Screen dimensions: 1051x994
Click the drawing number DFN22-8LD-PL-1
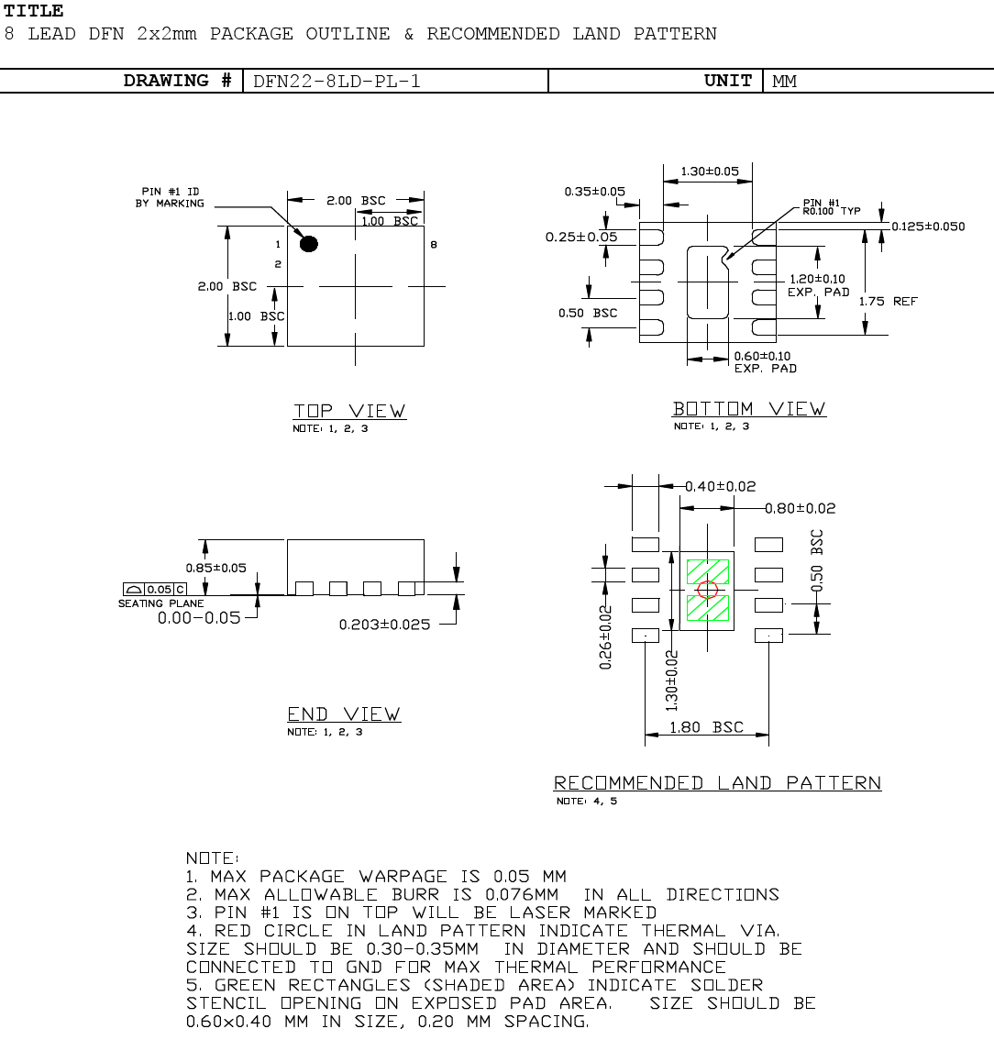pyautogui.click(x=337, y=81)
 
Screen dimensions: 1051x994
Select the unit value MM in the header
pyautogui.click(x=784, y=81)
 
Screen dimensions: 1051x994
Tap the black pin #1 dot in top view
pyautogui.click(x=309, y=244)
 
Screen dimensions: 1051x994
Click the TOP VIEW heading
pyautogui.click(x=349, y=411)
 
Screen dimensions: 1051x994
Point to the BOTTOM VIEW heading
pyautogui.click(x=748, y=409)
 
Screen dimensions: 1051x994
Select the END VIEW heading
pyautogui.click(x=344, y=714)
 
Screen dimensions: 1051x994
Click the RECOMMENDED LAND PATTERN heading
pyautogui.click(x=717, y=782)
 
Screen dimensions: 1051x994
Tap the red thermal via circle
pyautogui.click(x=706, y=590)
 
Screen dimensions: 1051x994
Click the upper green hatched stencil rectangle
pyautogui.click(x=707, y=571)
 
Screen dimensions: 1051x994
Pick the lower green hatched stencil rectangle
pyautogui.click(x=707, y=608)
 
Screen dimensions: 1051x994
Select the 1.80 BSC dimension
pyautogui.click(x=706, y=727)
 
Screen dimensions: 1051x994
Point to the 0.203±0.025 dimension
pyautogui.click(x=384, y=625)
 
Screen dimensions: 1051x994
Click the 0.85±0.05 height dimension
pyautogui.click(x=215, y=568)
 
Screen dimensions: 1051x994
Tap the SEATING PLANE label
pyautogui.click(x=160, y=603)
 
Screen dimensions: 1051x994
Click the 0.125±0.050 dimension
pyautogui.click(x=928, y=227)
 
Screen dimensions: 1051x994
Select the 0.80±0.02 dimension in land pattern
pyautogui.click(x=801, y=508)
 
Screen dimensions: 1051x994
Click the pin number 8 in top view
pyautogui.click(x=433, y=245)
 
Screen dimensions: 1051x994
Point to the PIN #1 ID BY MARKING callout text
pyautogui.click(x=170, y=197)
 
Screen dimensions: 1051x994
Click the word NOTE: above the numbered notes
pyautogui.click(x=213, y=857)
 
